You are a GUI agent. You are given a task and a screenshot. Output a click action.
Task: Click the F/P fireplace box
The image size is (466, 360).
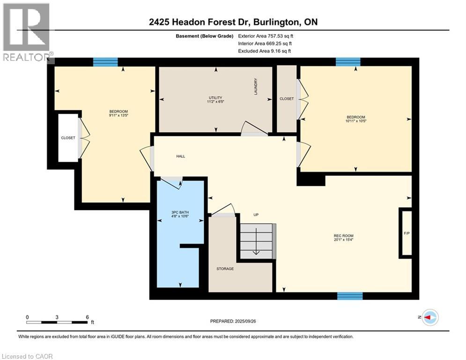[406, 233]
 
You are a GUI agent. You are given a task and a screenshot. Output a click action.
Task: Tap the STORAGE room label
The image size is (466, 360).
[225, 269]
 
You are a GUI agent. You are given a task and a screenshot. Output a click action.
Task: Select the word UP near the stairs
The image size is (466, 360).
[256, 215]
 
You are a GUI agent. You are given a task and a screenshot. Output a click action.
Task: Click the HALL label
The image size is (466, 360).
[180, 156]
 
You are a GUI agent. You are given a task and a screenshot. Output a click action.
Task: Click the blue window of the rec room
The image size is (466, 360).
[350, 296]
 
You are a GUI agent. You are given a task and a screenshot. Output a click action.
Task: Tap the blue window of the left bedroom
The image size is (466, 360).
[105, 62]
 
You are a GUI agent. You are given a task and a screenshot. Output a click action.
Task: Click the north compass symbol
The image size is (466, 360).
[430, 318]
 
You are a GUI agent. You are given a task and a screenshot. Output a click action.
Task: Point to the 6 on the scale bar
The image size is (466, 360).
[87, 317]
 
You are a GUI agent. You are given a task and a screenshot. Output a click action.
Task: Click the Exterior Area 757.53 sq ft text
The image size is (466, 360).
[266, 36]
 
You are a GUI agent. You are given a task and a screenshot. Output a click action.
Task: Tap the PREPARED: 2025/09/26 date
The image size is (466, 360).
[233, 321]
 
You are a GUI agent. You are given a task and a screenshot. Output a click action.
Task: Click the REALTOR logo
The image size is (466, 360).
[27, 33]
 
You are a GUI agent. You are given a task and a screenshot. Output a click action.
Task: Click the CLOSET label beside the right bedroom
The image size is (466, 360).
[287, 99]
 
